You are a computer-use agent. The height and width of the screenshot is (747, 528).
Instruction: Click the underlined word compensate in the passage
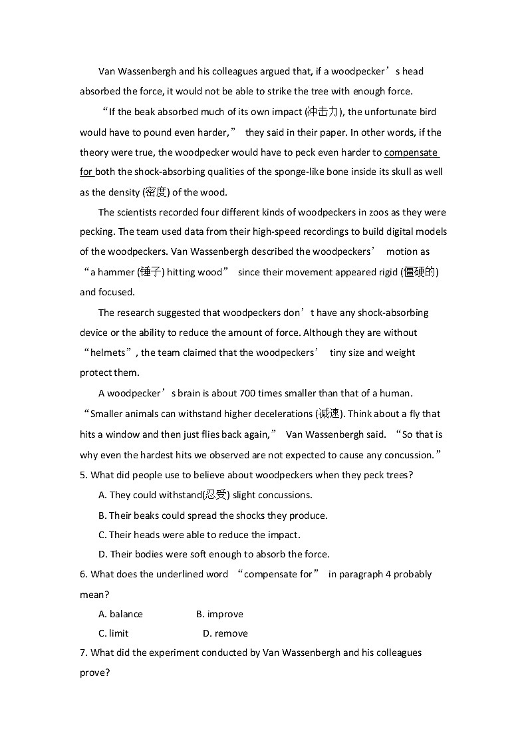click(410, 152)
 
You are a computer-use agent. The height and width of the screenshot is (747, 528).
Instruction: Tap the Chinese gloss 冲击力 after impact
click(323, 112)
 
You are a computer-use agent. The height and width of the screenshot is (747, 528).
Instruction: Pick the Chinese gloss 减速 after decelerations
click(329, 414)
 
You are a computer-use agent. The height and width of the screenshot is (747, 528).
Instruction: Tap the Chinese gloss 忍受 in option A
click(215, 495)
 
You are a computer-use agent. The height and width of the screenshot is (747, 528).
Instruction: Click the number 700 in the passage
click(237, 393)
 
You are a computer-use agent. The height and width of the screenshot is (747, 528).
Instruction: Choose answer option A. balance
click(120, 614)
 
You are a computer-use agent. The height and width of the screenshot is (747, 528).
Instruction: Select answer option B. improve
click(219, 614)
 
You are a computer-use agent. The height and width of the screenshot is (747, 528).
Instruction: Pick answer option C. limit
click(113, 633)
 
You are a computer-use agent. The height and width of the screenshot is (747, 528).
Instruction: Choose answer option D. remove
click(225, 633)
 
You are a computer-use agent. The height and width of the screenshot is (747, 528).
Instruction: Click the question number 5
click(83, 475)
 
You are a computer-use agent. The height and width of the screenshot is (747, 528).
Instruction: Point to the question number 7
click(83, 653)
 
